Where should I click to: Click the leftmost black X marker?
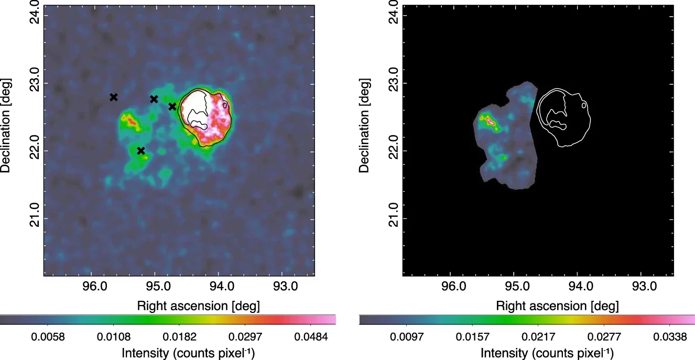(x=114, y=97)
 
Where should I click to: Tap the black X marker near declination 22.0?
(x=141, y=151)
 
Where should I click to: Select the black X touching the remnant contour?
(x=172, y=106)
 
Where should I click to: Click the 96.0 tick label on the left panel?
(x=95, y=286)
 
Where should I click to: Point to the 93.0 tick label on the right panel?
(x=644, y=286)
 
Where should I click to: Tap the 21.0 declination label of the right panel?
(x=393, y=215)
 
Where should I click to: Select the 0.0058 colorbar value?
(x=48, y=337)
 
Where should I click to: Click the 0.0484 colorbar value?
(x=311, y=337)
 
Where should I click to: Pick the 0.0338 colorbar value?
(x=670, y=337)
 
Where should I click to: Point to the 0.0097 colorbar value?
(x=406, y=337)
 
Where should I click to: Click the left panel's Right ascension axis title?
(x=198, y=306)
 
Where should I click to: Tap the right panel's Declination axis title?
(x=364, y=125)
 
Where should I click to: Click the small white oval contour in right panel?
(x=583, y=105)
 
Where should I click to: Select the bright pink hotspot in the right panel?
(x=490, y=121)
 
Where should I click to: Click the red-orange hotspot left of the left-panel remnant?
(x=132, y=122)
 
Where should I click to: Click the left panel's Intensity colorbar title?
(x=188, y=353)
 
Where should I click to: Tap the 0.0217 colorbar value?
(x=538, y=337)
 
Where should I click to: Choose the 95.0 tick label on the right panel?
(x=517, y=286)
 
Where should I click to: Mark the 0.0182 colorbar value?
(x=179, y=337)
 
